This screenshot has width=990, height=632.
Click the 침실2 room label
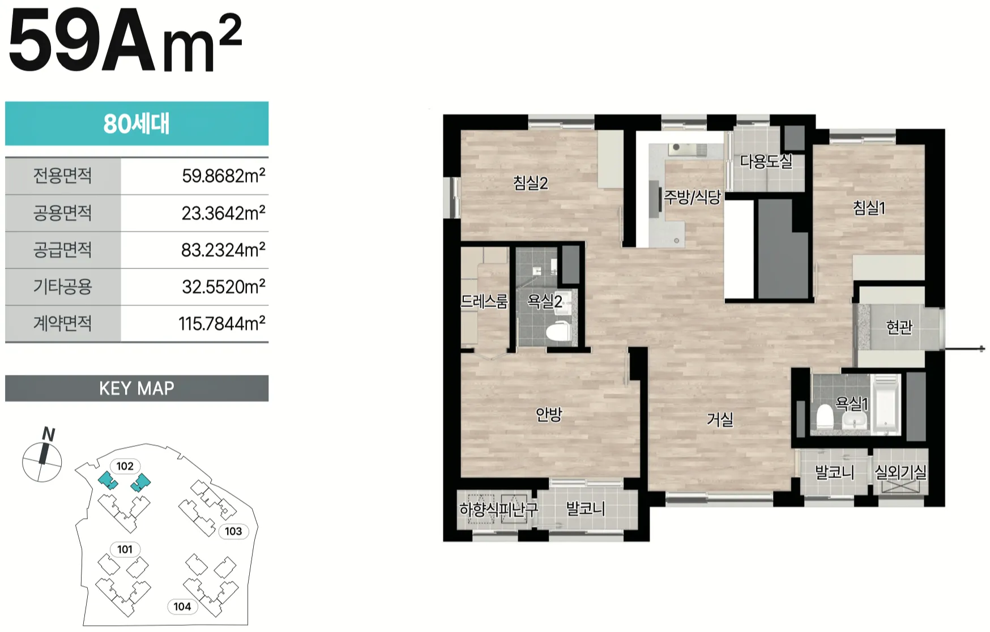[530, 183]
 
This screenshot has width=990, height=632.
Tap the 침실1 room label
[869, 208]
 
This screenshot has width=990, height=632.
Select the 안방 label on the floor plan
[549, 414]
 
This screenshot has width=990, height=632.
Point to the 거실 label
[720, 419]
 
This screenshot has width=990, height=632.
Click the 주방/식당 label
[692, 197]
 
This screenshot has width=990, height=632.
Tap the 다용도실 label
[766, 161]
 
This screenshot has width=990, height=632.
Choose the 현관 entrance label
[899, 327]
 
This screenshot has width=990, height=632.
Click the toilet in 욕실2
[559, 331]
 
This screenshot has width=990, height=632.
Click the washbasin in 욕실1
[855, 421]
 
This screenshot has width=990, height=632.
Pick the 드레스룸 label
[484, 301]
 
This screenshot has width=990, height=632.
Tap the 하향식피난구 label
[498, 509]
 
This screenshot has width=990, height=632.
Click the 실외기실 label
[901, 472]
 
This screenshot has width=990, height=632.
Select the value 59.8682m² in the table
[223, 176]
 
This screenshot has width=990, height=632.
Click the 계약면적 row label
[62, 323]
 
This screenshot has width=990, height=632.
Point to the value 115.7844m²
[221, 323]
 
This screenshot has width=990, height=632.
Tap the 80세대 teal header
[136, 123]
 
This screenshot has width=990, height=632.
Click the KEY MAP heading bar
[136, 388]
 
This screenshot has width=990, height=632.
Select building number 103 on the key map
[233, 531]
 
